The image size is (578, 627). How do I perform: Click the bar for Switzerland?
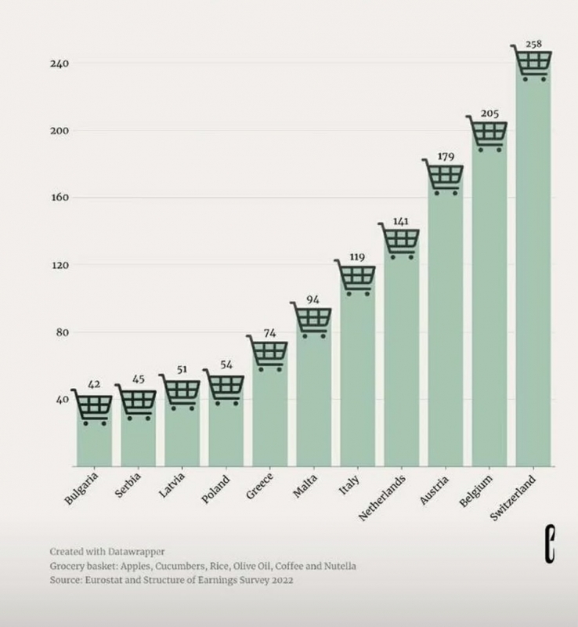tap(533, 274)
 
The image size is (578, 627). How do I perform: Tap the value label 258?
tap(534, 43)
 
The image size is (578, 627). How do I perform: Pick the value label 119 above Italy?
tap(357, 256)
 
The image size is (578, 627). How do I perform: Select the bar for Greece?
tap(269, 415)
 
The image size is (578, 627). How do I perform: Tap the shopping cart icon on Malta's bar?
tap(312, 319)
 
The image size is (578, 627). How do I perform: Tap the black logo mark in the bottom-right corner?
tap(550, 545)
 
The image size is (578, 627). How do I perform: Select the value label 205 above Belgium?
tap(489, 114)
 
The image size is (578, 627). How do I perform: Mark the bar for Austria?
tap(445, 329)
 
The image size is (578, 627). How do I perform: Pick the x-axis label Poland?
tap(216, 488)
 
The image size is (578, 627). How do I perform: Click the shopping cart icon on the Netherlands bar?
tap(401, 241)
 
